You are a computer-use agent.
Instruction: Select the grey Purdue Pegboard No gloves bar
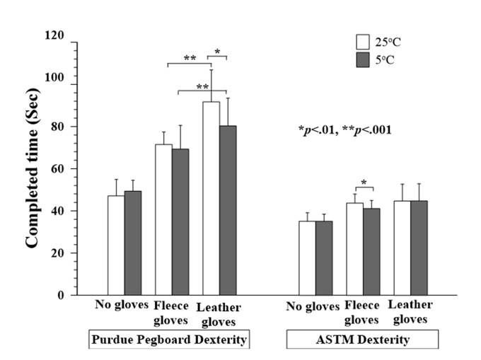pyautogui.click(x=133, y=243)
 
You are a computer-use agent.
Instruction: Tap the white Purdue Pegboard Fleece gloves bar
pyautogui.click(x=163, y=219)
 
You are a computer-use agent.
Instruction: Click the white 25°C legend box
pyautogui.click(x=363, y=40)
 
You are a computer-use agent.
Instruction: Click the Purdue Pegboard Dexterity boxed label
pyautogui.click(x=169, y=340)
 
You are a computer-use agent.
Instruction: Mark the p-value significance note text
pyautogui.click(x=345, y=130)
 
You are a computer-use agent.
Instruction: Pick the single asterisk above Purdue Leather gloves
pyautogui.click(x=218, y=51)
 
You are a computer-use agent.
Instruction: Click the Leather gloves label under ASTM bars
pyautogui.click(x=411, y=312)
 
